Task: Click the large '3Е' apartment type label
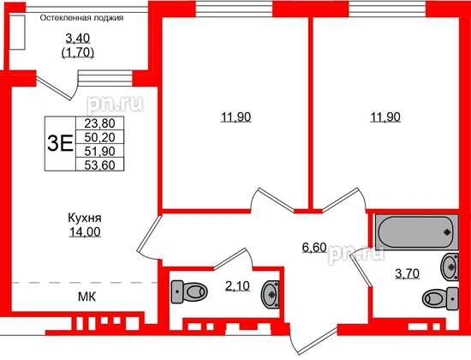(x=60, y=143)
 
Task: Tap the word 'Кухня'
(x=84, y=218)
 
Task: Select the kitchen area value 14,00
(x=84, y=231)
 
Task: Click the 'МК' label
(x=85, y=297)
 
